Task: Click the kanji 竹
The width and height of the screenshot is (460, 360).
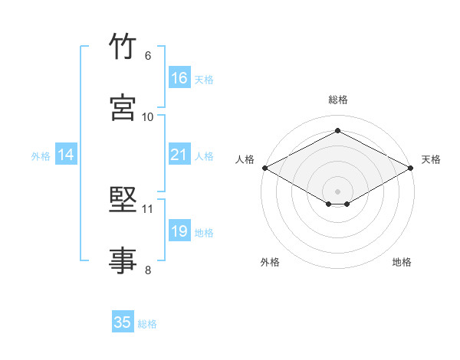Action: (x=123, y=45)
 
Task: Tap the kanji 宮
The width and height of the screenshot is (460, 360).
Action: (x=123, y=107)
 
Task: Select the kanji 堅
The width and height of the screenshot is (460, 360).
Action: (x=123, y=199)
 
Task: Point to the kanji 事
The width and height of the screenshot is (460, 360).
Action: (x=123, y=260)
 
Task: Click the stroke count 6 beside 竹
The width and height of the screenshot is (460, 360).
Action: (x=148, y=56)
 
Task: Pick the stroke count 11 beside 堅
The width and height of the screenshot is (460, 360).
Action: (x=147, y=209)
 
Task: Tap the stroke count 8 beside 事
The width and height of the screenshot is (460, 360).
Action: (x=148, y=270)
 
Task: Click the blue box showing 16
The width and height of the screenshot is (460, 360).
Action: (x=179, y=77)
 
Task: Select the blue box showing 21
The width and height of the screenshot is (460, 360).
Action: (x=179, y=154)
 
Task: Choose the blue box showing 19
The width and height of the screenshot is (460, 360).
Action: (x=179, y=230)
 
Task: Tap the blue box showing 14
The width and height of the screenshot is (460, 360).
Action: (x=66, y=154)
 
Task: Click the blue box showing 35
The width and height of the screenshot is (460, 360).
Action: (x=123, y=321)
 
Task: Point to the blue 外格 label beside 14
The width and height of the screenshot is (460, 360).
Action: (x=41, y=156)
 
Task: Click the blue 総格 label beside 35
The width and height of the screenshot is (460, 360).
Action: (x=147, y=324)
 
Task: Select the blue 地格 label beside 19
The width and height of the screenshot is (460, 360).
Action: (x=204, y=233)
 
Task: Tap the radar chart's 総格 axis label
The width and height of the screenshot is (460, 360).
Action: (x=338, y=100)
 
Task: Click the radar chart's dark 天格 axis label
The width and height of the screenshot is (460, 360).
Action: (x=431, y=159)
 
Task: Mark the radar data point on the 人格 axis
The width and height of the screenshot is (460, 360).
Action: (x=265, y=168)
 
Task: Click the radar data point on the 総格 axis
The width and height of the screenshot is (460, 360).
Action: (x=337, y=130)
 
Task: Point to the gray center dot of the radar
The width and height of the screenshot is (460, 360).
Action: (x=337, y=191)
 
